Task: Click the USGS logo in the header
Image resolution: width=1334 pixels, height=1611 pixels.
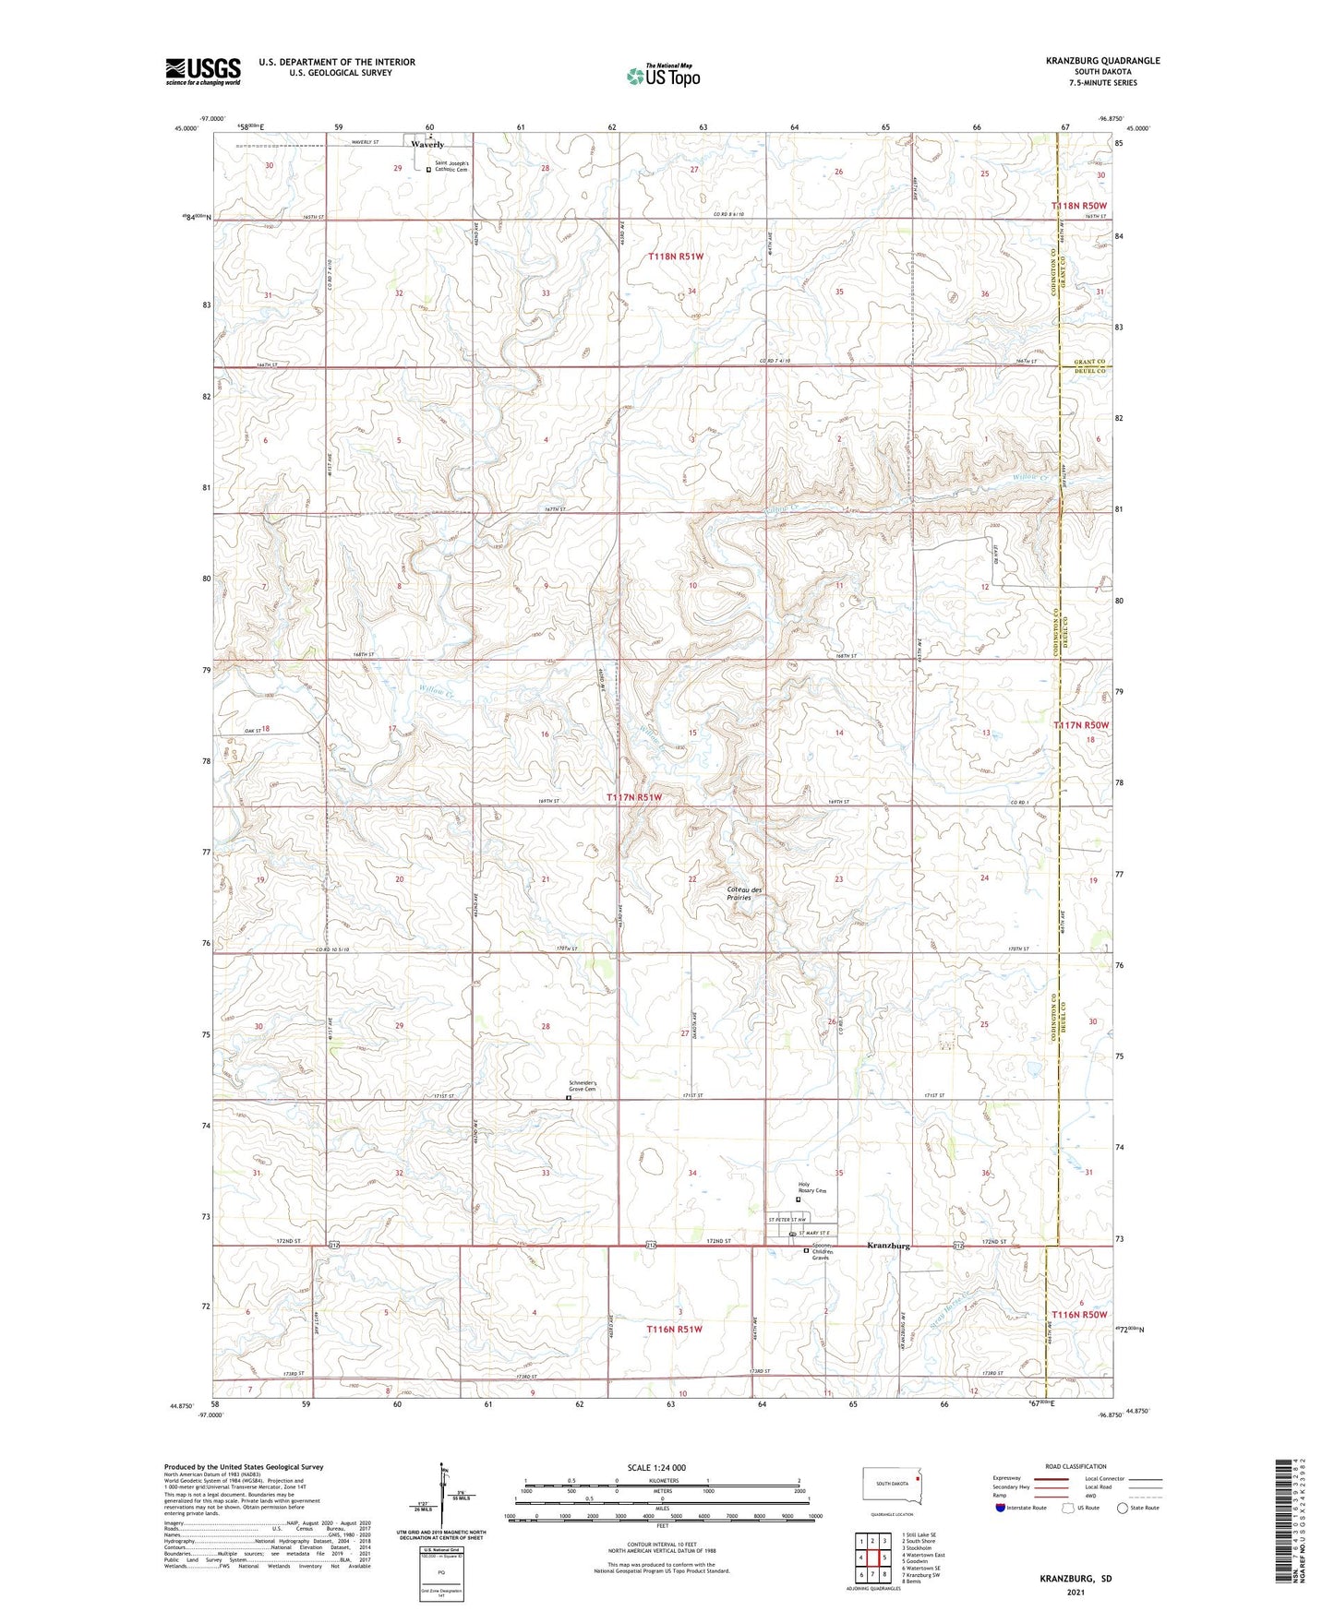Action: (202, 71)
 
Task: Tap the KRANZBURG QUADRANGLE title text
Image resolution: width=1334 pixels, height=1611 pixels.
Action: (1102, 61)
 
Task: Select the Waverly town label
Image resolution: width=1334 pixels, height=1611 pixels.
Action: (427, 145)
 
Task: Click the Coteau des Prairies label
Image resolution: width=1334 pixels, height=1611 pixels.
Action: (744, 893)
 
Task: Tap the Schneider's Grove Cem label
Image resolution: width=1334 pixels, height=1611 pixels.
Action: (582, 1086)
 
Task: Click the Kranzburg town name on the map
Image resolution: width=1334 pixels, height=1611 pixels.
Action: (888, 1246)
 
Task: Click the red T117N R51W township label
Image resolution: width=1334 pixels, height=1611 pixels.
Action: (634, 797)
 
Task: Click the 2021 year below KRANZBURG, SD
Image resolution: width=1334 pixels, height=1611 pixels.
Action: (1075, 1592)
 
